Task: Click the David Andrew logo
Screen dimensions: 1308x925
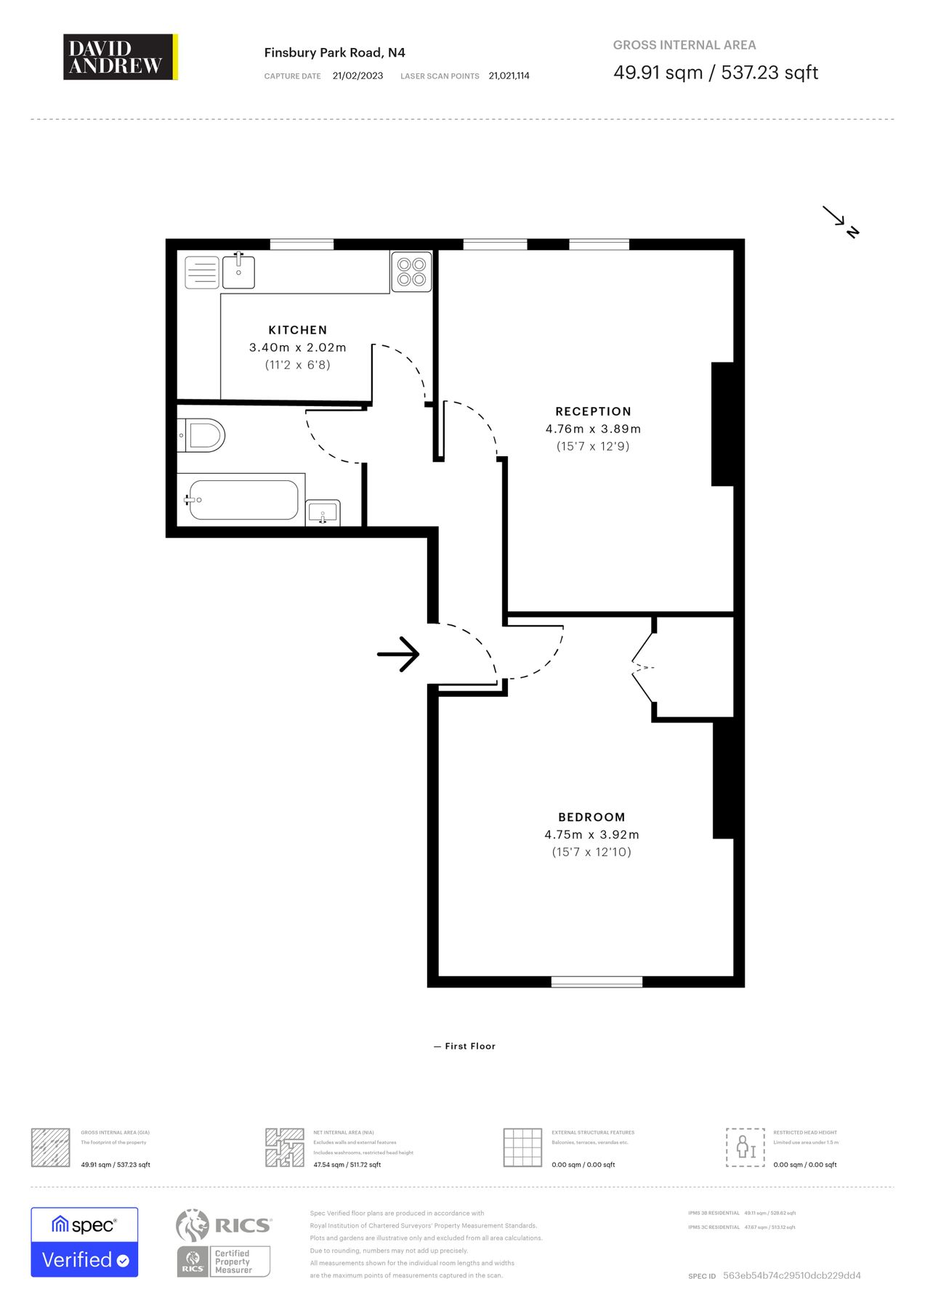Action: [120, 57]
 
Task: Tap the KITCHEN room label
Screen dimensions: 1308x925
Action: [298, 330]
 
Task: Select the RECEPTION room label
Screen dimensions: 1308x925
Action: [593, 411]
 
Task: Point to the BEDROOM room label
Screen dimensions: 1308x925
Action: [591, 817]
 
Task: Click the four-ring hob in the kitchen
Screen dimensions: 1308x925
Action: [411, 272]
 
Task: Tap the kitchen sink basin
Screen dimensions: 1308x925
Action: [238, 271]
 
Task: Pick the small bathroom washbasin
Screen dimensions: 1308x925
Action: [323, 513]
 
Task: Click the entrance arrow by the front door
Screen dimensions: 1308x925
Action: [398, 654]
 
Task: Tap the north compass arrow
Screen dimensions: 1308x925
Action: [841, 222]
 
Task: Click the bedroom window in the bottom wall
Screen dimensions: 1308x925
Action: [597, 982]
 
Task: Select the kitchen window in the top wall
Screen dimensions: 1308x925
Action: [302, 245]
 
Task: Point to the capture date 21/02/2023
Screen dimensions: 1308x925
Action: [358, 76]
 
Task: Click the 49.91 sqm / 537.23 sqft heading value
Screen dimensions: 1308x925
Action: [715, 73]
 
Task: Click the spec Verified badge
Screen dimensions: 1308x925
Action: [84, 1242]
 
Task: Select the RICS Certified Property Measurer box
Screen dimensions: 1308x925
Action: [224, 1261]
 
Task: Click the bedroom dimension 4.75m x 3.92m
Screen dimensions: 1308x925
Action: [591, 834]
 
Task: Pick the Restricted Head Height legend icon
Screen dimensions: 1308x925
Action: [745, 1147]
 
